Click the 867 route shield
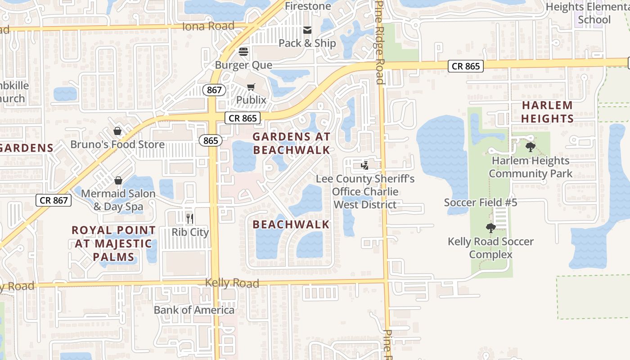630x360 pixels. pyautogui.click(x=214, y=90)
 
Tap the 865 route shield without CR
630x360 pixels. pyautogui.click(x=210, y=140)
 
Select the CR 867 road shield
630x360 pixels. pyautogui.click(x=54, y=200)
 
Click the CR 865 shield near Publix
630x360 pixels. pyautogui.click(x=243, y=118)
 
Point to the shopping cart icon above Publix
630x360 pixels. pyautogui.click(x=251, y=87)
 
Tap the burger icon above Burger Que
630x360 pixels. pyautogui.click(x=243, y=52)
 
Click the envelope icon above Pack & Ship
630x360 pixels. pyautogui.click(x=308, y=30)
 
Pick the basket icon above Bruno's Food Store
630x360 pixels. pyautogui.click(x=117, y=131)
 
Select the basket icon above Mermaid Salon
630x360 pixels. pyautogui.click(x=118, y=180)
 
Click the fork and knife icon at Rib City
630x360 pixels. pyautogui.click(x=190, y=219)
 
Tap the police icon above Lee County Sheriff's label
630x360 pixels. pyautogui.click(x=364, y=166)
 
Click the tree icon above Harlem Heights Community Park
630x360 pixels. pyautogui.click(x=531, y=147)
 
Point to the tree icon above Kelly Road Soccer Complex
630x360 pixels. pyautogui.click(x=491, y=228)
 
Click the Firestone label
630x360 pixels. pyautogui.click(x=308, y=6)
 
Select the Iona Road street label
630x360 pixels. pyautogui.click(x=208, y=26)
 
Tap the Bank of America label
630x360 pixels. pyautogui.click(x=194, y=310)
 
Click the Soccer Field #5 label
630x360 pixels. pyautogui.click(x=481, y=202)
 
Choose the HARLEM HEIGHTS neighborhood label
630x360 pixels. pyautogui.click(x=547, y=112)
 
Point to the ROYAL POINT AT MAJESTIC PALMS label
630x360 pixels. pyautogui.click(x=114, y=243)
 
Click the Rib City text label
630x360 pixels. pyautogui.click(x=190, y=232)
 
